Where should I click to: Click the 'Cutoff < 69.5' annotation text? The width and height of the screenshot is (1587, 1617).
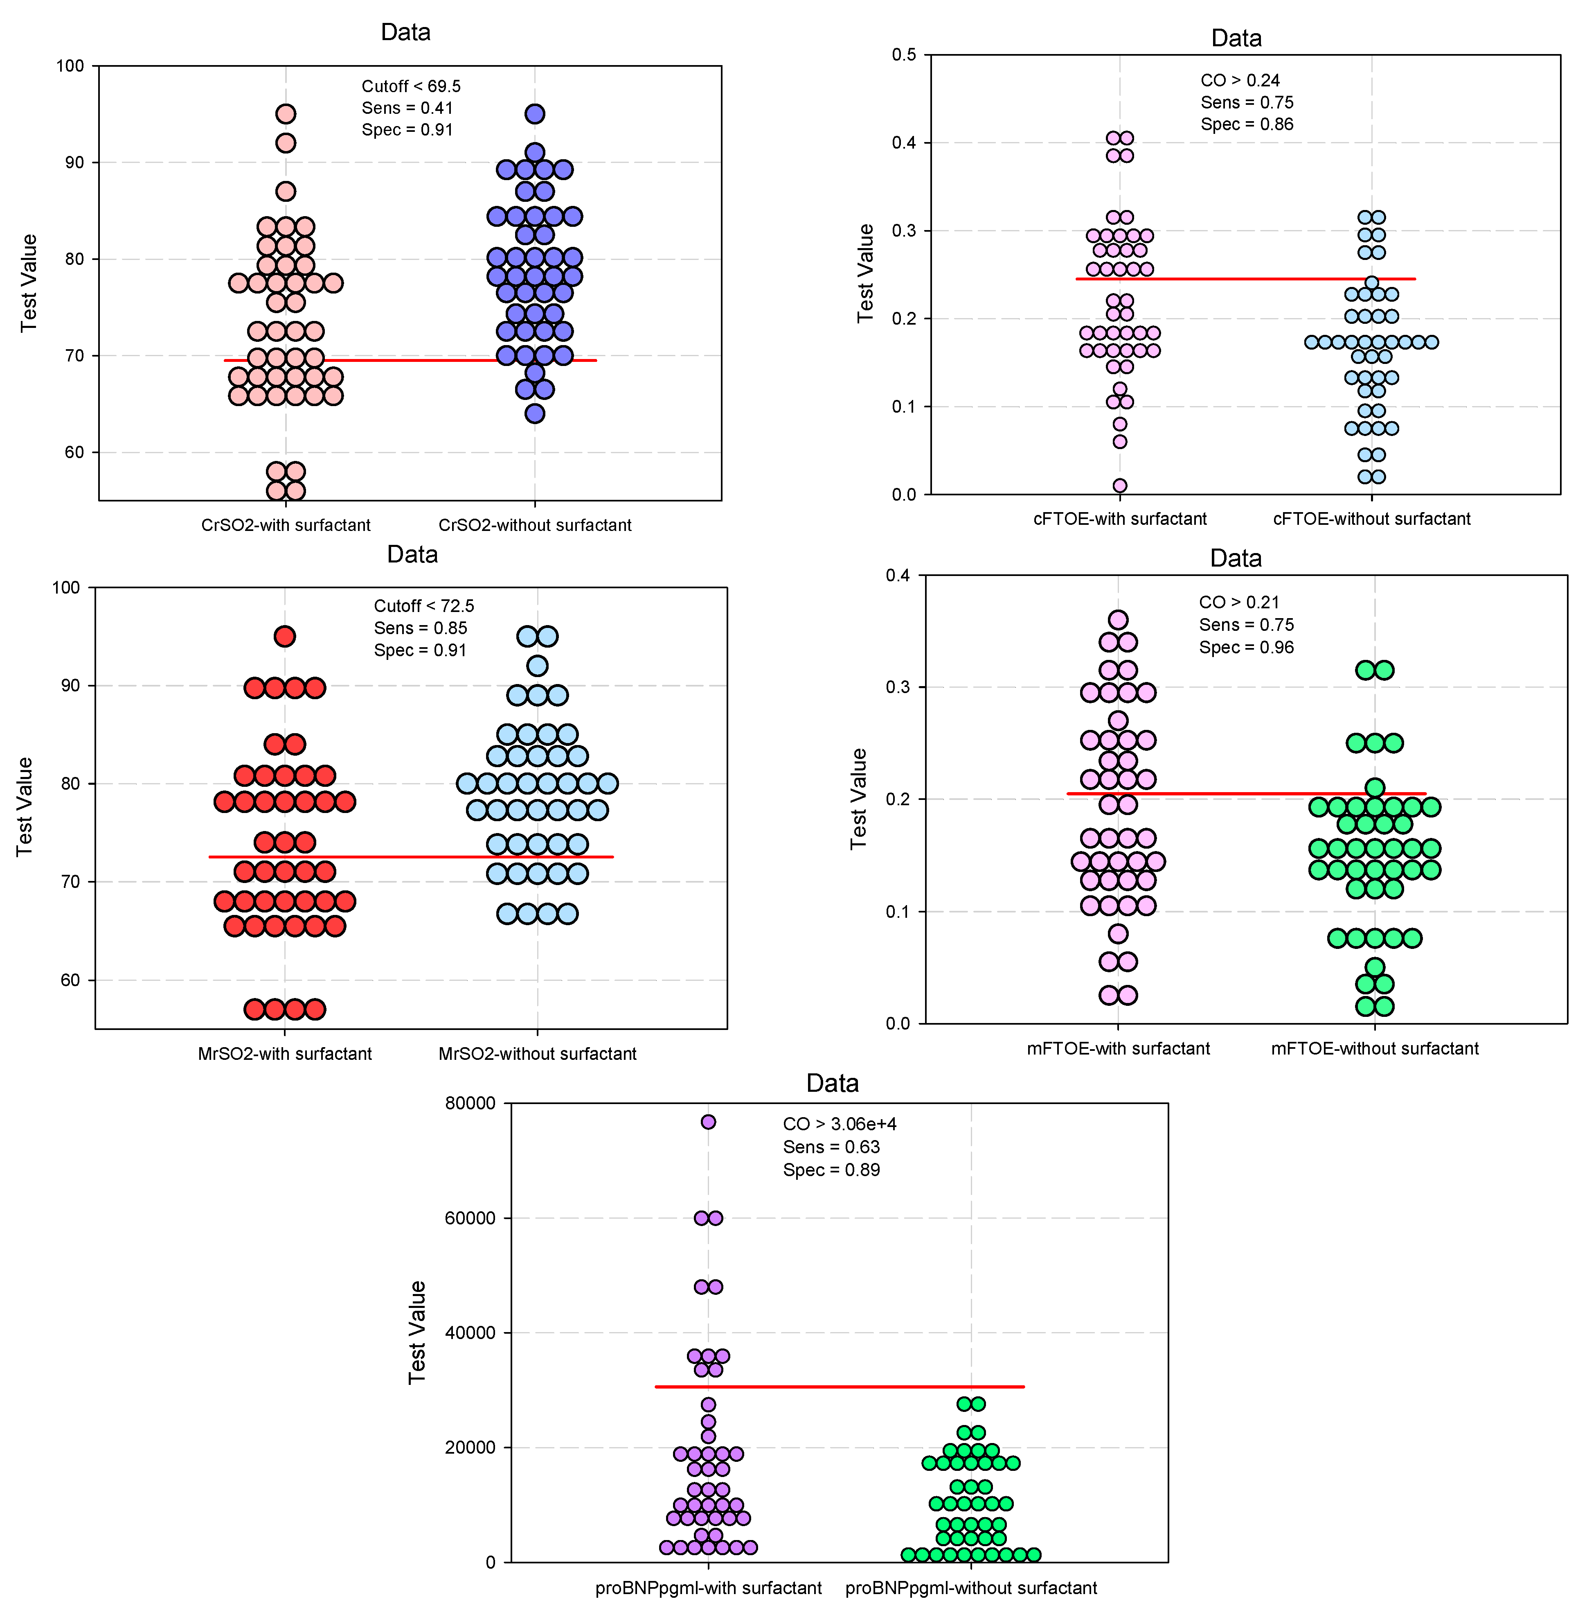click(411, 87)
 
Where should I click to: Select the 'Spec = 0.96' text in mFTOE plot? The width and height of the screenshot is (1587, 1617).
click(1246, 647)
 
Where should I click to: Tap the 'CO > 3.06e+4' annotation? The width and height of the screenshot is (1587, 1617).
click(840, 1124)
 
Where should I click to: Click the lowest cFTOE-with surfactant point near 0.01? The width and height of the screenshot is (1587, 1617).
click(1119, 486)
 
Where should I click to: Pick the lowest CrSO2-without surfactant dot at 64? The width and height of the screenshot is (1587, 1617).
click(534, 413)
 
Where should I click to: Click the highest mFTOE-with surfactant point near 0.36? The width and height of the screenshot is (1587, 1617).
click(1118, 620)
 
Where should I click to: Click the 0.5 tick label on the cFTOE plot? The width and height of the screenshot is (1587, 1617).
click(903, 55)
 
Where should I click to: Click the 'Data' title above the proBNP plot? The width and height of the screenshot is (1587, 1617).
click(832, 1083)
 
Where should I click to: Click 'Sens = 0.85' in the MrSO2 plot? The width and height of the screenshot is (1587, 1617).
click(420, 628)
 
